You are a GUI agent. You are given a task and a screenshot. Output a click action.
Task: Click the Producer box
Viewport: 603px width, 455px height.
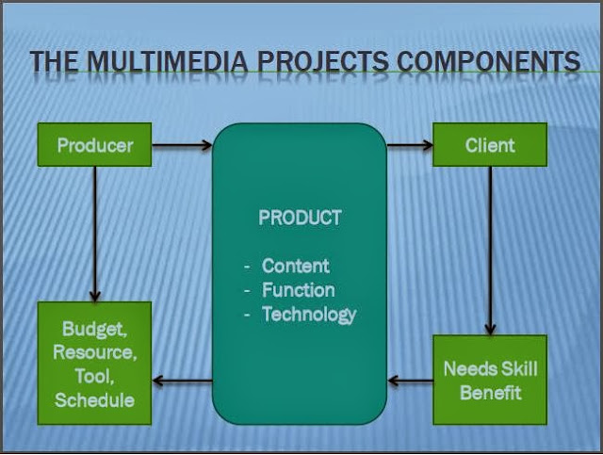tap(94, 145)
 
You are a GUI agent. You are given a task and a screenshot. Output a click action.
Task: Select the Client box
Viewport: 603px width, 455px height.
tap(490, 145)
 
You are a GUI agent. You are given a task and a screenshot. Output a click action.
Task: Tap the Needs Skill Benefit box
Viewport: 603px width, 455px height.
tap(490, 380)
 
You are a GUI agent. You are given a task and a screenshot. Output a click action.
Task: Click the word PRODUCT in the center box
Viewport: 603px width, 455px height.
tap(300, 218)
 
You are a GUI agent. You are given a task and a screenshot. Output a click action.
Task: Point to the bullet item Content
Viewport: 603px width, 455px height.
tap(296, 266)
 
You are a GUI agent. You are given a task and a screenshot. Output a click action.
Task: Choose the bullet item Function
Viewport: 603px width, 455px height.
tap(298, 290)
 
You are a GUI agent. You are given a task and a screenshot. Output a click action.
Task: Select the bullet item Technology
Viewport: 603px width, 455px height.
tap(309, 315)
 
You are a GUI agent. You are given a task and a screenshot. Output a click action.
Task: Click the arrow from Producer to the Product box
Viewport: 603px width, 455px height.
tap(181, 145)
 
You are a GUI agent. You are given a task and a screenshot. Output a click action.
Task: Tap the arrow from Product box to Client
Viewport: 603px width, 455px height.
tap(409, 145)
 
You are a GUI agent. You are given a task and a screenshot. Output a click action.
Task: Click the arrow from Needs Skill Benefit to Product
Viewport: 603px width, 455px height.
tap(410, 381)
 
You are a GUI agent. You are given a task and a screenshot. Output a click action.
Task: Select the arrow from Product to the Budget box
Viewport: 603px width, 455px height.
tap(182, 381)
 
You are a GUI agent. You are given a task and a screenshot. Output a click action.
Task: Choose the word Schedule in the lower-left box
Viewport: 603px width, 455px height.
tap(94, 399)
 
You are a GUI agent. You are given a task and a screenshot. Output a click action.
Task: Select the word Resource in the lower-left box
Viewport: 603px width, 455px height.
tap(94, 353)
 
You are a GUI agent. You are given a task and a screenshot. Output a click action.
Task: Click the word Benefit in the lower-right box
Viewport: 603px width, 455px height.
tap(490, 392)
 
